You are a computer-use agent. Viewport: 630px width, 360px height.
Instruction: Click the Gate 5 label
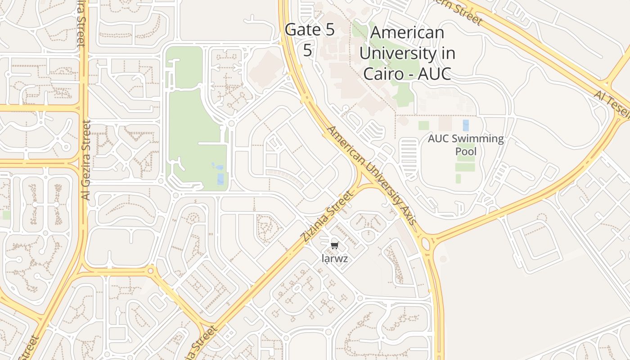pos(310,30)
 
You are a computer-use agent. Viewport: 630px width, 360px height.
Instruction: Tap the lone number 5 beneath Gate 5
pos(307,50)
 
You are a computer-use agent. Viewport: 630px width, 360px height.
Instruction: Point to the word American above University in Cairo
pos(407,33)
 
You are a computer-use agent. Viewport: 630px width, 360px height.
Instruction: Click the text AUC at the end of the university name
pos(434,73)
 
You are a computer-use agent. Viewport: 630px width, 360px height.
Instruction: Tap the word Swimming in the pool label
pos(478,139)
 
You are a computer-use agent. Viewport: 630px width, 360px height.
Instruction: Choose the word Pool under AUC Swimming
pos(466,151)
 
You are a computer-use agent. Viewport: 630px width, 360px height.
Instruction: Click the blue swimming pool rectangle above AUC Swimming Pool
pos(466,125)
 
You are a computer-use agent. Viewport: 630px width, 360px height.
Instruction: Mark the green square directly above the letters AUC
pos(423,125)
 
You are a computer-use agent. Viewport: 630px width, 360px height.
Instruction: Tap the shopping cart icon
pos(334,246)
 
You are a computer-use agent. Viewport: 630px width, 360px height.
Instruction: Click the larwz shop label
pos(334,258)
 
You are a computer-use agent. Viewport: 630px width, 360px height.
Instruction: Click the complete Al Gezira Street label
pos(86,160)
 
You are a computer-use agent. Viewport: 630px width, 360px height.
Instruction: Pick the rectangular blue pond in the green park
pos(220,179)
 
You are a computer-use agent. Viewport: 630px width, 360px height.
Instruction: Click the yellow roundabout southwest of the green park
pos(150,271)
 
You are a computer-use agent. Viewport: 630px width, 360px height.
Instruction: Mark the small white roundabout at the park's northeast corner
pos(232,123)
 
